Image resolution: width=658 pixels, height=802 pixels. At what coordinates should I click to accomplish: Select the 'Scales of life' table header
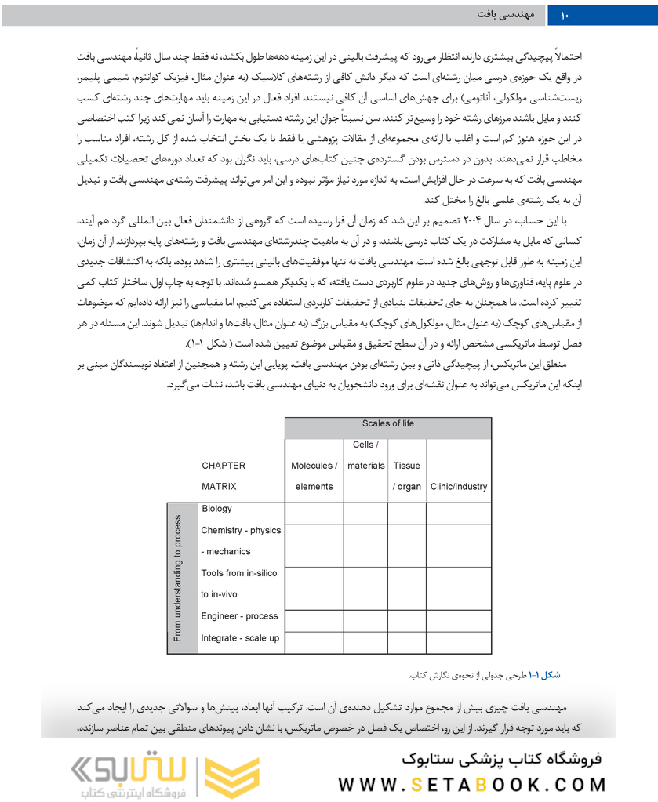point(388,424)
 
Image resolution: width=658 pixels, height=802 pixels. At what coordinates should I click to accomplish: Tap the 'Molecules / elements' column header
point(314,476)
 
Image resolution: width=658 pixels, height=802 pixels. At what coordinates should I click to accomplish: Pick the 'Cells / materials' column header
point(365,455)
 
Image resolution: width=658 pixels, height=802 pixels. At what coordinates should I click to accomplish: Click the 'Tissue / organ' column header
point(406,476)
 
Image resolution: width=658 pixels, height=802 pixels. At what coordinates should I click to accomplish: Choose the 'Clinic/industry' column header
point(459,486)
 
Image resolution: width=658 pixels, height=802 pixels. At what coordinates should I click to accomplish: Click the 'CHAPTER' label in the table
point(224,466)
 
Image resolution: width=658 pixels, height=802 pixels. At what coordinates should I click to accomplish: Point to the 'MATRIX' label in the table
point(219,486)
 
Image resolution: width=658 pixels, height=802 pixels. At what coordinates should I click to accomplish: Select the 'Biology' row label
point(216,509)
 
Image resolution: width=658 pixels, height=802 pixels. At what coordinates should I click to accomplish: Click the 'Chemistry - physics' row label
point(241,530)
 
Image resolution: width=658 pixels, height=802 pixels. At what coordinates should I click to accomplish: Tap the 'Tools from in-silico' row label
point(239,573)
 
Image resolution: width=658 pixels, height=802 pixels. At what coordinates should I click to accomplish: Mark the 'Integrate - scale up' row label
point(239,637)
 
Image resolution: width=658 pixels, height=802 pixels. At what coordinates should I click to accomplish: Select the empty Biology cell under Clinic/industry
point(459,513)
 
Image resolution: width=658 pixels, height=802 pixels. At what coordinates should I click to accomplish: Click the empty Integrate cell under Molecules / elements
point(314,641)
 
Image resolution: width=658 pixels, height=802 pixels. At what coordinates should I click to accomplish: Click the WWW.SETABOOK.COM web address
point(474,784)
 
